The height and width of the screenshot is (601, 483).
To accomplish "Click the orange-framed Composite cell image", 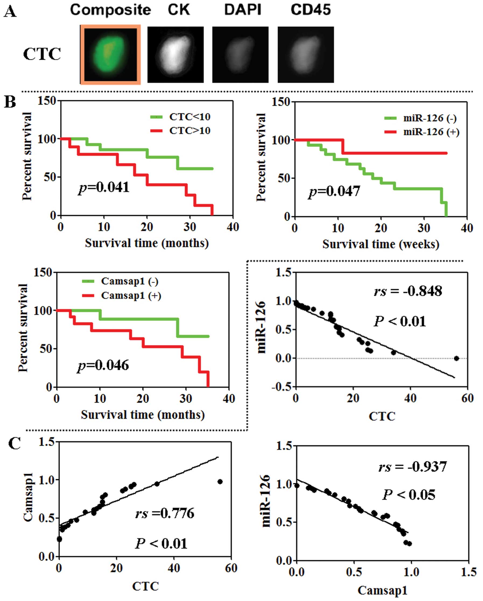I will coord(110,54).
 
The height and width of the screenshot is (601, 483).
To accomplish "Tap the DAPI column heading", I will coord(243,10).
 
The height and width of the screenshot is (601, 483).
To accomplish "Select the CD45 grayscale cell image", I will coord(306,55).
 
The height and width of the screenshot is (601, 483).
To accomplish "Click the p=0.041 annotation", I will coord(104,187).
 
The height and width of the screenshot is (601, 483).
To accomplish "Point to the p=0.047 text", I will coord(334,192).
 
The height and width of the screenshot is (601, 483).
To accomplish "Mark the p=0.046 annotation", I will coord(103,365).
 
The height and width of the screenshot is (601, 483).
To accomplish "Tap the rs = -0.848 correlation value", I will coord(408,291).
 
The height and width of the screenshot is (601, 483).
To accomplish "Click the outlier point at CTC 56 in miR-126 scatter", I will coord(456,359).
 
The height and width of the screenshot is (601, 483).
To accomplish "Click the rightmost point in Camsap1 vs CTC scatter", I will coord(220,482).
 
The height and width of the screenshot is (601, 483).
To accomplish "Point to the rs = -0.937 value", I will coord(412,467).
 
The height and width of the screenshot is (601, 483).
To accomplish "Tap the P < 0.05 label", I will coord(409,495).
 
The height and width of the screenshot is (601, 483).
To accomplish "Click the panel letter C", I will coord(15,444).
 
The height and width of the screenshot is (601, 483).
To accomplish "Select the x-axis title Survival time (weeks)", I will coord(380,245).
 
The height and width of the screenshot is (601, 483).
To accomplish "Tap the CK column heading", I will coord(178,10).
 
